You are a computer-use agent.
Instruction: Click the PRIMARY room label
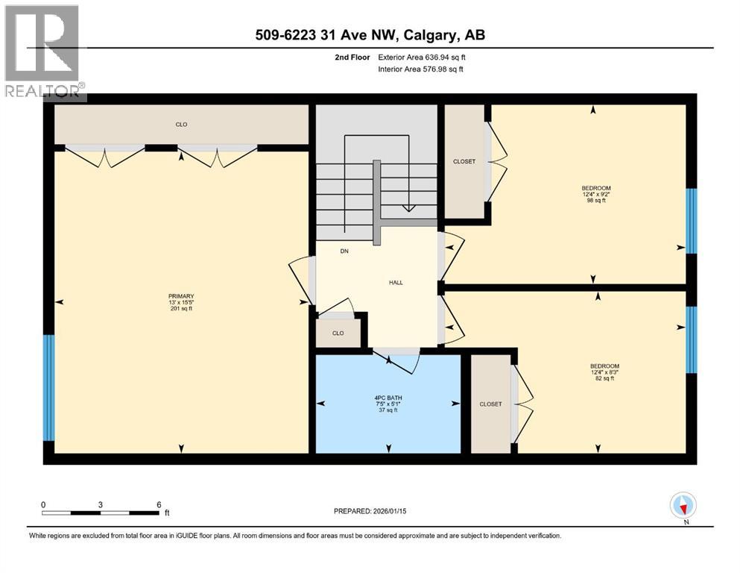tap(181, 302)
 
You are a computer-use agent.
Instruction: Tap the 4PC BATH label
tap(388, 404)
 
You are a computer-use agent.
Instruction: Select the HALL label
tap(396, 283)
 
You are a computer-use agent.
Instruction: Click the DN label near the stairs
tap(344, 251)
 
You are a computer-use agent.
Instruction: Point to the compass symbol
tap(683, 506)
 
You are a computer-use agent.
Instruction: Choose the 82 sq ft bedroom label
tap(601, 372)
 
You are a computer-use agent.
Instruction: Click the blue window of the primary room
tap(49, 388)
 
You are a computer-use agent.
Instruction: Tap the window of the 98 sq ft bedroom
tap(692, 221)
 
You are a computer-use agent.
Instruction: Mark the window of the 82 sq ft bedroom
tap(692, 339)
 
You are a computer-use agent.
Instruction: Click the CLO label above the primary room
tap(181, 125)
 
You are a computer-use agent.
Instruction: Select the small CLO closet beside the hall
tap(338, 333)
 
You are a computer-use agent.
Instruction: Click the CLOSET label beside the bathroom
tap(490, 404)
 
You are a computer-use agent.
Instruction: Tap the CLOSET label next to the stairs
tap(464, 161)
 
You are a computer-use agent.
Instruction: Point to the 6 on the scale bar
tap(159, 504)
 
